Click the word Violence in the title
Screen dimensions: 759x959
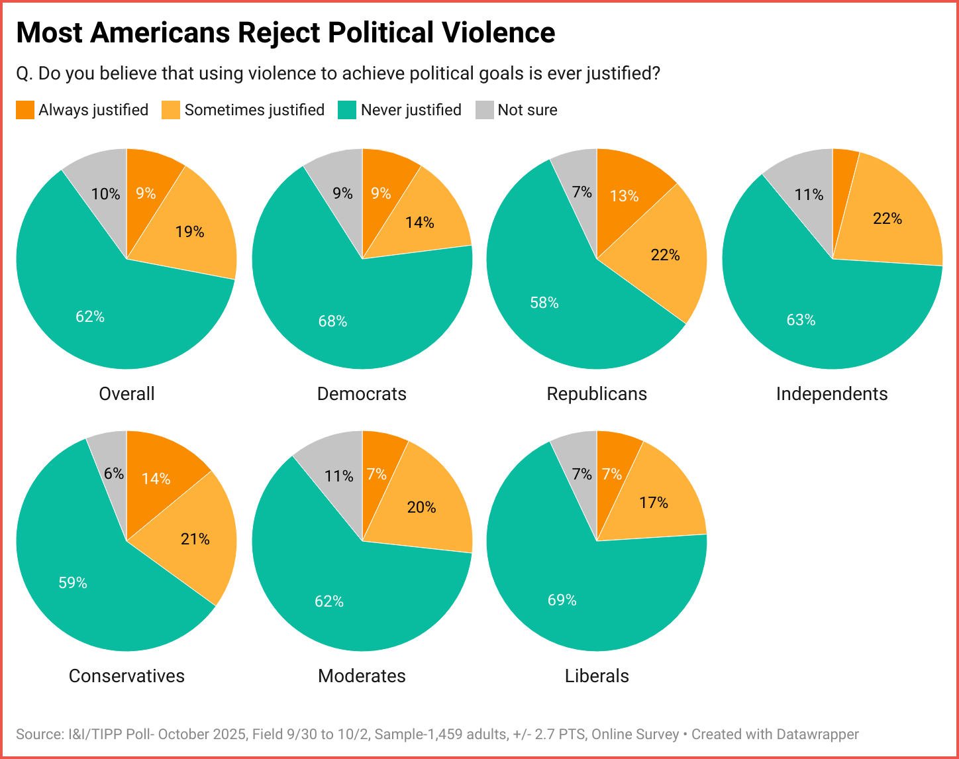coord(493,32)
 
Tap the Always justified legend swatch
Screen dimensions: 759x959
coord(25,110)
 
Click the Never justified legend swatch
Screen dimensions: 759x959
coord(347,110)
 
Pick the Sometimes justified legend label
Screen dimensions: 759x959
coord(254,110)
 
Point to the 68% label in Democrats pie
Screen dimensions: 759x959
coord(332,321)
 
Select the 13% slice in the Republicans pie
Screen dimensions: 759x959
coord(625,196)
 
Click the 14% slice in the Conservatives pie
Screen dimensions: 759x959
coord(156,478)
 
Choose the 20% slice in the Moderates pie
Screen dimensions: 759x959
coord(422,507)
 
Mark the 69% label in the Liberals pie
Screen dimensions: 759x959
coord(562,600)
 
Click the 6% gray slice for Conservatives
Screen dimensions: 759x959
coord(113,473)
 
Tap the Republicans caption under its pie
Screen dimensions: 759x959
coord(597,393)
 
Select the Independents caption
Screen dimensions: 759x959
coord(832,393)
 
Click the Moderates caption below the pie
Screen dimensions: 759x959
coord(362,676)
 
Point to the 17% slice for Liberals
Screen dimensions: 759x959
coord(654,503)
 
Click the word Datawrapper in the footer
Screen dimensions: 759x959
coord(817,734)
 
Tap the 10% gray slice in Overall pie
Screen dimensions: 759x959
coord(105,193)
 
